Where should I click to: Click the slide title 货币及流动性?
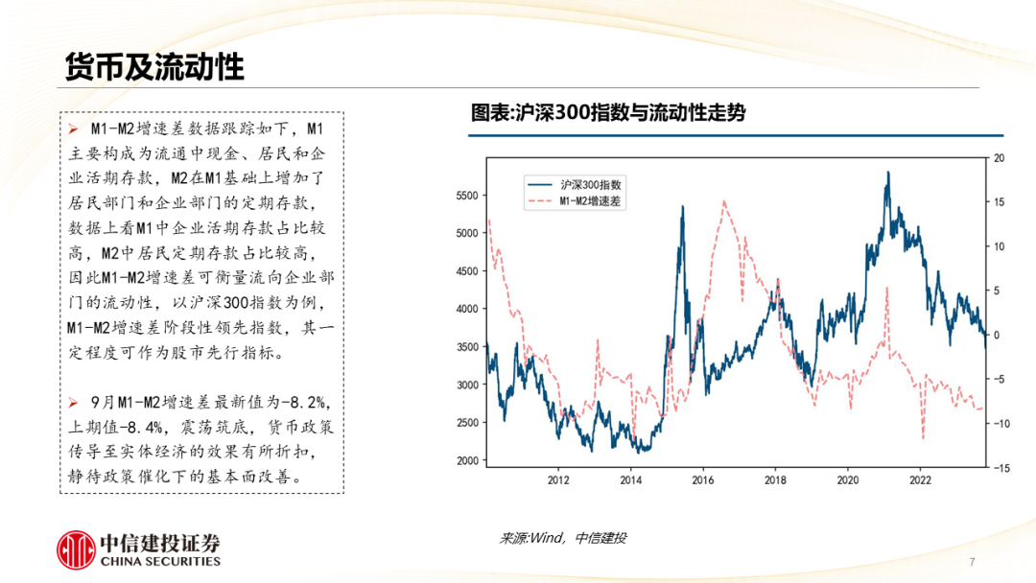click(x=153, y=67)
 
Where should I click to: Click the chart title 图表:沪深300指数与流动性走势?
click(x=607, y=113)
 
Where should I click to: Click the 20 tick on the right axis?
click(x=999, y=158)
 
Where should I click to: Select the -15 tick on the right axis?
click(x=1001, y=468)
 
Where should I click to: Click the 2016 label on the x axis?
click(x=702, y=479)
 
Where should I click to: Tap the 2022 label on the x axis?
click(x=920, y=479)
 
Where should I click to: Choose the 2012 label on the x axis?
click(x=557, y=479)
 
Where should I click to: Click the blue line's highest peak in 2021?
click(x=888, y=173)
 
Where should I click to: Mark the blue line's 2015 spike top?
click(x=683, y=206)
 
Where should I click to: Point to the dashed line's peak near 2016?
click(x=724, y=200)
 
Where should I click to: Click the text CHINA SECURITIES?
click(x=160, y=562)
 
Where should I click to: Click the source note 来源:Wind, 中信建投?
click(x=562, y=539)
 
